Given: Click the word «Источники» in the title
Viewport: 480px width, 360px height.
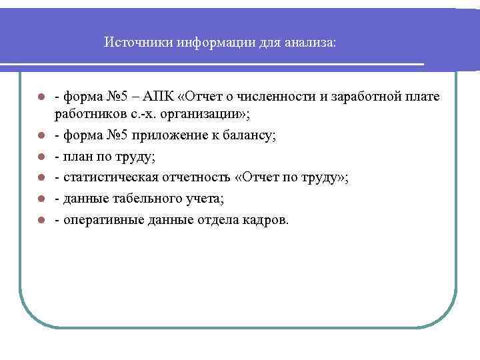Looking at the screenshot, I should tap(139, 43).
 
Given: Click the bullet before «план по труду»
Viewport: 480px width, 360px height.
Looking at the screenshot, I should tap(41, 157).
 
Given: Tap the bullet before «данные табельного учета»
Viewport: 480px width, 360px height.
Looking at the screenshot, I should tap(41, 199).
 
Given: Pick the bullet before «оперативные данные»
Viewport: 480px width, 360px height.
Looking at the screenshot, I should tap(41, 219).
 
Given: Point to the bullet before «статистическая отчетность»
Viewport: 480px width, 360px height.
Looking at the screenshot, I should tap(41, 178).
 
